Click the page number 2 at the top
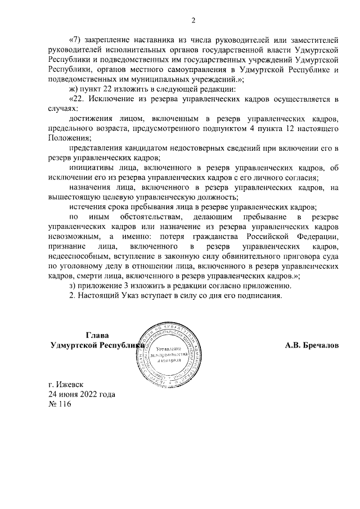point(193,21)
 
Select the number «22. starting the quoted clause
point(77,99)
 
